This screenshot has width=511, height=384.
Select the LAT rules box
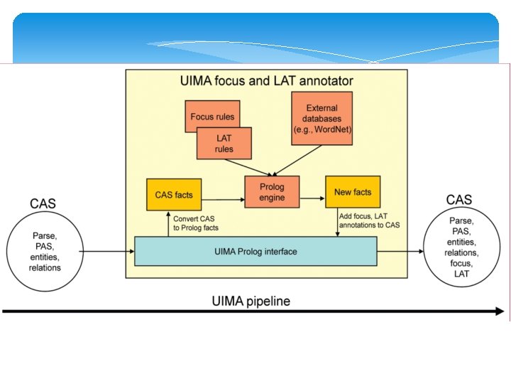click(224, 144)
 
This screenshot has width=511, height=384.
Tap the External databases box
click(322, 118)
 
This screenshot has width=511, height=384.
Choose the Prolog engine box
click(272, 192)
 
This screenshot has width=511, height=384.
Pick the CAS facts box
click(174, 195)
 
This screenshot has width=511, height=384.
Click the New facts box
click(353, 192)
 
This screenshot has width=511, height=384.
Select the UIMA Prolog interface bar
click(255, 252)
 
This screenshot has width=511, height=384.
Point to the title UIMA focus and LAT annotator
click(267, 80)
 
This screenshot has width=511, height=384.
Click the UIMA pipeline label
click(251, 301)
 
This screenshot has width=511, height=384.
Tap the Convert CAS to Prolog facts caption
click(196, 223)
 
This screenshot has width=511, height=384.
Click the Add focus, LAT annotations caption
click(369, 220)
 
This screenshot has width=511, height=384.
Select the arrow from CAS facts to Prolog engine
click(223, 200)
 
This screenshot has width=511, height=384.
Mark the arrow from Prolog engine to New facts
click(312, 198)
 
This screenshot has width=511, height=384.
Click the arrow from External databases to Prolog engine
click(297, 161)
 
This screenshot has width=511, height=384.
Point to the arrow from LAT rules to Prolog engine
click(248, 168)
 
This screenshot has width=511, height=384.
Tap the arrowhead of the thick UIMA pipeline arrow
click(500, 311)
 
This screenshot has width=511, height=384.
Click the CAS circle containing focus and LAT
click(461, 247)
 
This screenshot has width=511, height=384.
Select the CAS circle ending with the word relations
click(45, 252)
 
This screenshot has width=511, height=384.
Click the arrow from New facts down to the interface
click(338, 222)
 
